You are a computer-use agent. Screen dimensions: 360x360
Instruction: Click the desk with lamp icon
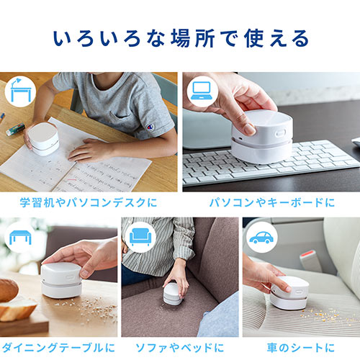pyautogui.click(x=20, y=90)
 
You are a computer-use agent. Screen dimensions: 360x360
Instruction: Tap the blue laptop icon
pyautogui.click(x=202, y=91)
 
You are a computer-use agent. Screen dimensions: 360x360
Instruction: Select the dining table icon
pyautogui.click(x=20, y=237)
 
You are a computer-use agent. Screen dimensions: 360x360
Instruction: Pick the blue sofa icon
pyautogui.click(x=140, y=237)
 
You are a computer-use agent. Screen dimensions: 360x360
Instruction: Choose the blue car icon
pyautogui.click(x=261, y=238)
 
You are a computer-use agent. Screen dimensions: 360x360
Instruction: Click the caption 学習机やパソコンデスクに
pyautogui.click(x=89, y=202)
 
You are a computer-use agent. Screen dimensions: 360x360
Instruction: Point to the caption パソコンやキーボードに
pyautogui.click(x=272, y=202)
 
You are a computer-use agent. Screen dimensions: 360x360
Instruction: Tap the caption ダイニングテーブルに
pyautogui.click(x=58, y=348)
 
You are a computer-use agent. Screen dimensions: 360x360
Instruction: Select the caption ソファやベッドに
pyautogui.click(x=180, y=348)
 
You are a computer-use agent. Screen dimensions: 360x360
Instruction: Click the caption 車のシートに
pyautogui.click(x=301, y=348)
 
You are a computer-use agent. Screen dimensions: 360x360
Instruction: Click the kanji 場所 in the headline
pyautogui.click(x=193, y=39)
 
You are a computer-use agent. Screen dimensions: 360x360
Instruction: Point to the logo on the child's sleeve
pyautogui.click(x=150, y=127)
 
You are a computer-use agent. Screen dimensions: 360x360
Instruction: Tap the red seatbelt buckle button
pyautogui.click(x=307, y=253)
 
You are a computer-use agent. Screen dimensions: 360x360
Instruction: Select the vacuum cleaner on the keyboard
pyautogui.click(x=261, y=136)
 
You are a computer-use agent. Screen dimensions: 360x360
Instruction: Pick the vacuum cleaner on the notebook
pyautogui.click(x=43, y=138)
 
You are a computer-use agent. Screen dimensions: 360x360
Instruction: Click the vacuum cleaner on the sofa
pyautogui.click(x=173, y=294)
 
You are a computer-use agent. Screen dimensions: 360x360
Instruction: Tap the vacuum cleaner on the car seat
pyautogui.click(x=289, y=293)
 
